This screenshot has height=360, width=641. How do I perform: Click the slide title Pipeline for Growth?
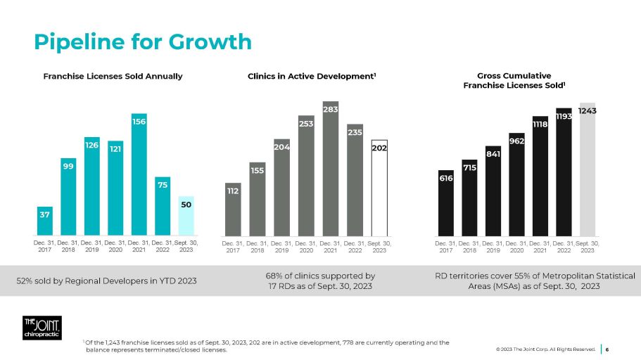pos(134,41)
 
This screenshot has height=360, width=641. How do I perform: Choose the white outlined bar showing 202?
pos(379,188)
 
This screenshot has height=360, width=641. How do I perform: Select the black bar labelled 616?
pos(445,203)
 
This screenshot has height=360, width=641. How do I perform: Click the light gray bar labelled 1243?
pos(588,169)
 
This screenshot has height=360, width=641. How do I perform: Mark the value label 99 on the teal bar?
pos(68,165)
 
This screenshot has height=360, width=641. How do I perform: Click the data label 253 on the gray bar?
pos(306,123)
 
